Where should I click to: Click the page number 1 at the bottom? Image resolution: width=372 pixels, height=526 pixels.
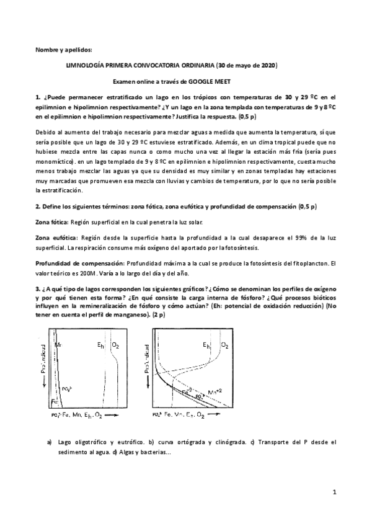tap(334, 493)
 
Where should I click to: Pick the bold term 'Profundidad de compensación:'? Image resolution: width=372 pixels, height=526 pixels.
tap(79, 264)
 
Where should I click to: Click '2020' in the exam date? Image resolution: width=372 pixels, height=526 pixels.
tap(267, 65)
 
